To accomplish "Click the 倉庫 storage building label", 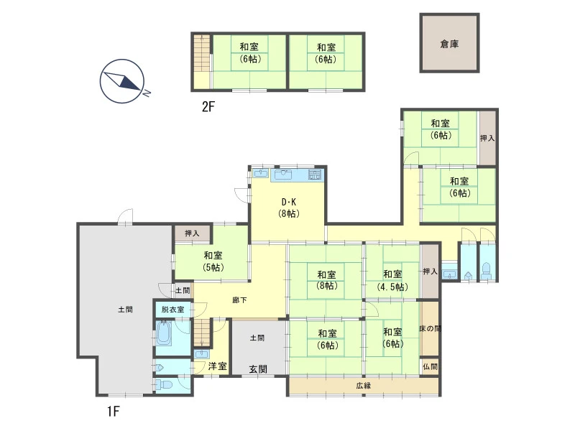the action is (449, 44).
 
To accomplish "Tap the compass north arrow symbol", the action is (123, 81).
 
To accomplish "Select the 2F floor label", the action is (208, 106).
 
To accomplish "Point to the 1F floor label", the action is (114, 411).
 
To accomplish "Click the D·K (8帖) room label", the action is (289, 208).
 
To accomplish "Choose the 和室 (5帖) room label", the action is (213, 261).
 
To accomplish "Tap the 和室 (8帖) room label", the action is (327, 280).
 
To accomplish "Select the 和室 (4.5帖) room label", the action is (392, 280).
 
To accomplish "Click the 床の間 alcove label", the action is (430, 329).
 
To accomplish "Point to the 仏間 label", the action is (430, 366).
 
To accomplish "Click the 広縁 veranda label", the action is (364, 386).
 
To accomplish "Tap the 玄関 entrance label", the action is (258, 369).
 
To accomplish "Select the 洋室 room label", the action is (218, 366).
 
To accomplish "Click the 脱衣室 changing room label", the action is (172, 310).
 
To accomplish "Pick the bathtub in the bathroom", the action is (164, 333).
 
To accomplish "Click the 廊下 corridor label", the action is (239, 300).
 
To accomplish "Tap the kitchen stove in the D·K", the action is (315, 175).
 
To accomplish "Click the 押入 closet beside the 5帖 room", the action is (192, 233).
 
